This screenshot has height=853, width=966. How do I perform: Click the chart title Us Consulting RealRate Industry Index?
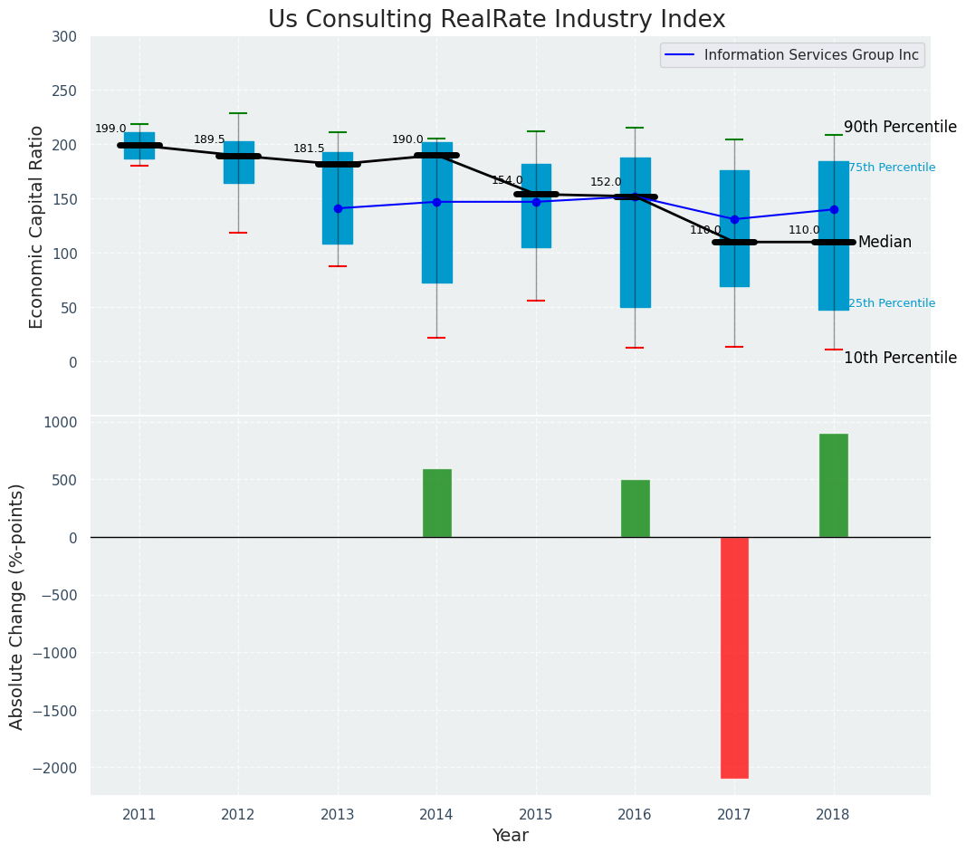(x=496, y=20)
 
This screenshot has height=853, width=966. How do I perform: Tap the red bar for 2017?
(x=734, y=657)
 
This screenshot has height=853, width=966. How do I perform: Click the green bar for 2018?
(x=833, y=485)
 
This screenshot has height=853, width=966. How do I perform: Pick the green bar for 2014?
(x=436, y=503)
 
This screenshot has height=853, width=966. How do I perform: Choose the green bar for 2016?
(x=635, y=508)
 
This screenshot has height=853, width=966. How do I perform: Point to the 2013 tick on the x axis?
(x=338, y=814)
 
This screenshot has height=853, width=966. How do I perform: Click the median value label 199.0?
(x=110, y=129)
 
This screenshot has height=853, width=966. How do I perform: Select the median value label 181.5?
(x=309, y=149)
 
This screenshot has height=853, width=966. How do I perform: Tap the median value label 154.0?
(x=507, y=180)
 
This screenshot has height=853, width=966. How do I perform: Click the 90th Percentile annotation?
(x=900, y=127)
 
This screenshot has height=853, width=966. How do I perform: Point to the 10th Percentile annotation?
(x=900, y=358)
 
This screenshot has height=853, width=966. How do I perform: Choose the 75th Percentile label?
(x=892, y=168)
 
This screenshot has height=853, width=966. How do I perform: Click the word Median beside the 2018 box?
(x=885, y=242)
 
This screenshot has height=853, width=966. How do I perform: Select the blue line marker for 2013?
(x=338, y=208)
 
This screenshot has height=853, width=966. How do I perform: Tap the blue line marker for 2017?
(x=734, y=219)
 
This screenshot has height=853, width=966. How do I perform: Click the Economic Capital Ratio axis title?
(x=37, y=226)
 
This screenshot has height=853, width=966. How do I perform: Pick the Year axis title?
(x=511, y=836)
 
